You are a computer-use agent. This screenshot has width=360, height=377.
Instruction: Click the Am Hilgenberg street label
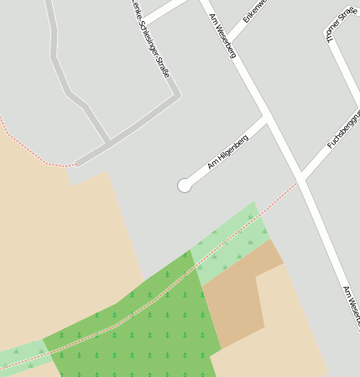[227, 151]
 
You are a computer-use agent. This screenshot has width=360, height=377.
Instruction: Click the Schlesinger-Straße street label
[151, 38]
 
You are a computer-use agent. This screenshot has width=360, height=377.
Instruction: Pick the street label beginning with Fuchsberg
[342, 130]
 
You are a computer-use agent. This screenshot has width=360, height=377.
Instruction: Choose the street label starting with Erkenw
[253, 10]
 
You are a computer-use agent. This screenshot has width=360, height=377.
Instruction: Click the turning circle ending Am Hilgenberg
[185, 186]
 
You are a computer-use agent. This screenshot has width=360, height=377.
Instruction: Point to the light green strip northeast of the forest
[231, 243]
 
